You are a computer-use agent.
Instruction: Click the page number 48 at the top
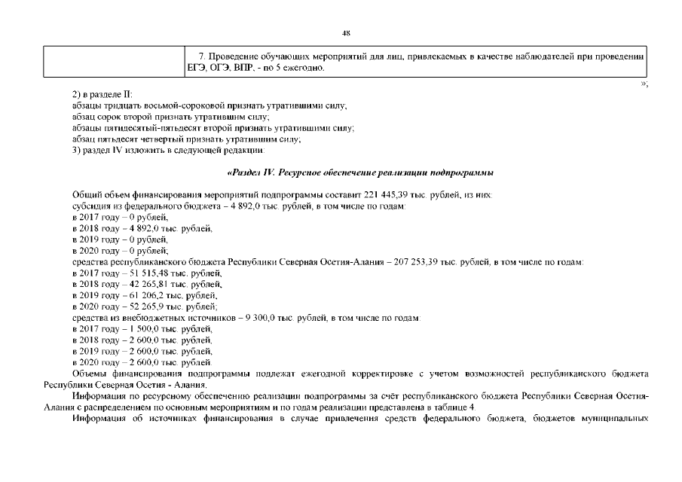tap(346, 33)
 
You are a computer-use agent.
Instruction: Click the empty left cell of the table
tap(112, 63)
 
